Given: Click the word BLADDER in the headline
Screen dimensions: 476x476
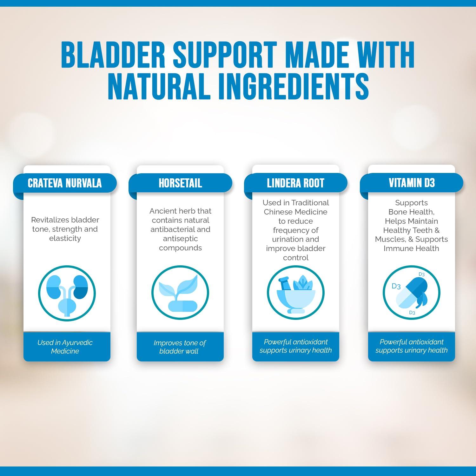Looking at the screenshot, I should (113, 55).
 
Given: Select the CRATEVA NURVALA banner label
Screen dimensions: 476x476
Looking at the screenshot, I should (65, 183).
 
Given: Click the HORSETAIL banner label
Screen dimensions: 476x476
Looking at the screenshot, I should (180, 183).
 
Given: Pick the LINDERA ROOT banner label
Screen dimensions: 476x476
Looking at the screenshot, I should (295, 183).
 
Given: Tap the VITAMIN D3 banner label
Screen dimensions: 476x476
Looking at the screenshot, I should (412, 183).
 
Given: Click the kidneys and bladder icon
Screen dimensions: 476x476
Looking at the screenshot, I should (67, 293).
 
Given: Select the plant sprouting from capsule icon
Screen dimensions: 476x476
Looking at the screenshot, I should (180, 293).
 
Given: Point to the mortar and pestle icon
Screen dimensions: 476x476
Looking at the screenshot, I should (295, 293).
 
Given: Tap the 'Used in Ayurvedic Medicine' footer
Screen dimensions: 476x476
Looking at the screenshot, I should (65, 347).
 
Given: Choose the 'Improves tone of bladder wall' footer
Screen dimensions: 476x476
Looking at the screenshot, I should (180, 347).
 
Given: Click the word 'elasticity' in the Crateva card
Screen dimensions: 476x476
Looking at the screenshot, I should (65, 238).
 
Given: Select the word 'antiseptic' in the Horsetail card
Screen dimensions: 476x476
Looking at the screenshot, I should (180, 239).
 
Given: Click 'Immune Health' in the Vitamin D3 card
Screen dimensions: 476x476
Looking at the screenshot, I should (411, 248).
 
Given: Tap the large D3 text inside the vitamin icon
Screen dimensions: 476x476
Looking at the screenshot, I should (396, 286).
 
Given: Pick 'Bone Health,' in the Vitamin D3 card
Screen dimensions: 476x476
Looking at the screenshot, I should (411, 212).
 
